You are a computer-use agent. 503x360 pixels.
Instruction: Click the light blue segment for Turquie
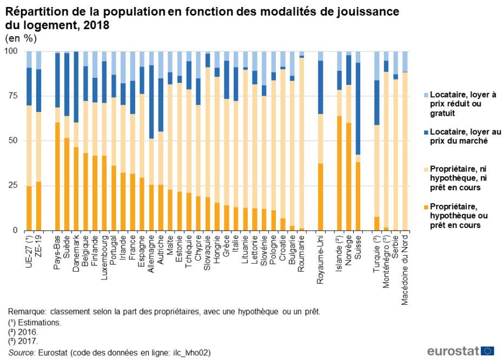(377, 65)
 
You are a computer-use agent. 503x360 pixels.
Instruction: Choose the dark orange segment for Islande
(339, 173)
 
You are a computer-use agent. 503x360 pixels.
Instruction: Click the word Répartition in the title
(34, 12)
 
